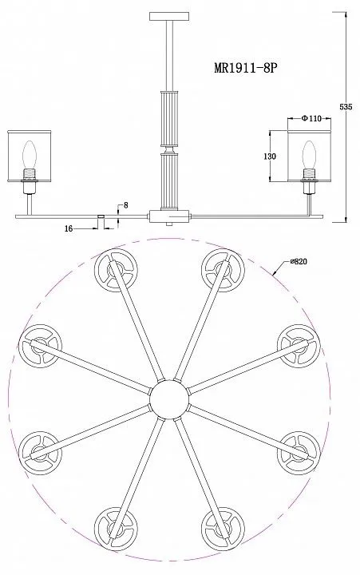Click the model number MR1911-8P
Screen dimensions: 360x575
click(x=244, y=68)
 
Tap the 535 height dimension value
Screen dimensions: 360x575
click(x=346, y=107)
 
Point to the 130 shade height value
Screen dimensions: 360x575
click(x=270, y=157)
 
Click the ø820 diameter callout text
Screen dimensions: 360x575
click(x=299, y=261)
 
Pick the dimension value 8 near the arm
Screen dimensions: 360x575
click(x=126, y=205)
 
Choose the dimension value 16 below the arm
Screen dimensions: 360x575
click(x=69, y=229)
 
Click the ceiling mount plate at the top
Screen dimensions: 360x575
click(x=170, y=16)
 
